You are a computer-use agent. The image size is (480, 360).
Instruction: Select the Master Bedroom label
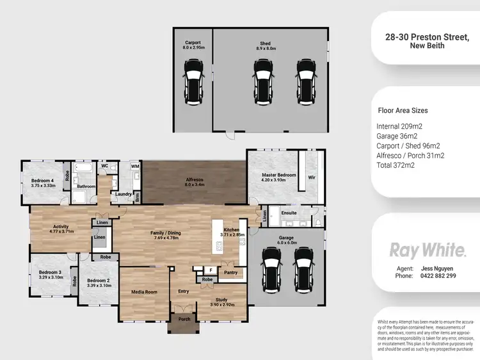pos(278,175)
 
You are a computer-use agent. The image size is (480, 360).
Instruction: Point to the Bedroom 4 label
pos(43,180)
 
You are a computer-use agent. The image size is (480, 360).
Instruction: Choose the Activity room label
pos(61,226)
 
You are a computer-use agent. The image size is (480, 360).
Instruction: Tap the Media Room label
pos(144,291)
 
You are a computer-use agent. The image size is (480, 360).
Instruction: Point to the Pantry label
pos(230,272)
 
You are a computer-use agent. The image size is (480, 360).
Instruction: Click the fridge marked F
pos(210,270)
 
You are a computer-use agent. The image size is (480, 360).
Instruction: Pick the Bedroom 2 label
pos(99,281)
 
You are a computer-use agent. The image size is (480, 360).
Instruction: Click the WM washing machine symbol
pos(135,167)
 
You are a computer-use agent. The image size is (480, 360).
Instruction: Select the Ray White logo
pos(428,249)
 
